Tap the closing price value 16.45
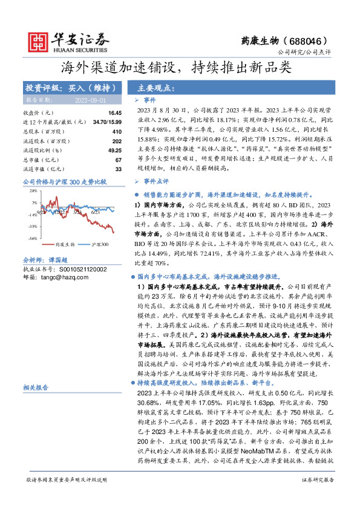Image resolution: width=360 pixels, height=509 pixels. click(x=115, y=113)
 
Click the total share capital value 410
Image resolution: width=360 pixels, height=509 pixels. click(x=117, y=131)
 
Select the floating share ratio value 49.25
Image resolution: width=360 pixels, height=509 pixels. click(x=114, y=150)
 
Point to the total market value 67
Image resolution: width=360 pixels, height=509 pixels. click(x=119, y=160)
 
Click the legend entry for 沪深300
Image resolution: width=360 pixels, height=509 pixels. click(x=100, y=245)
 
